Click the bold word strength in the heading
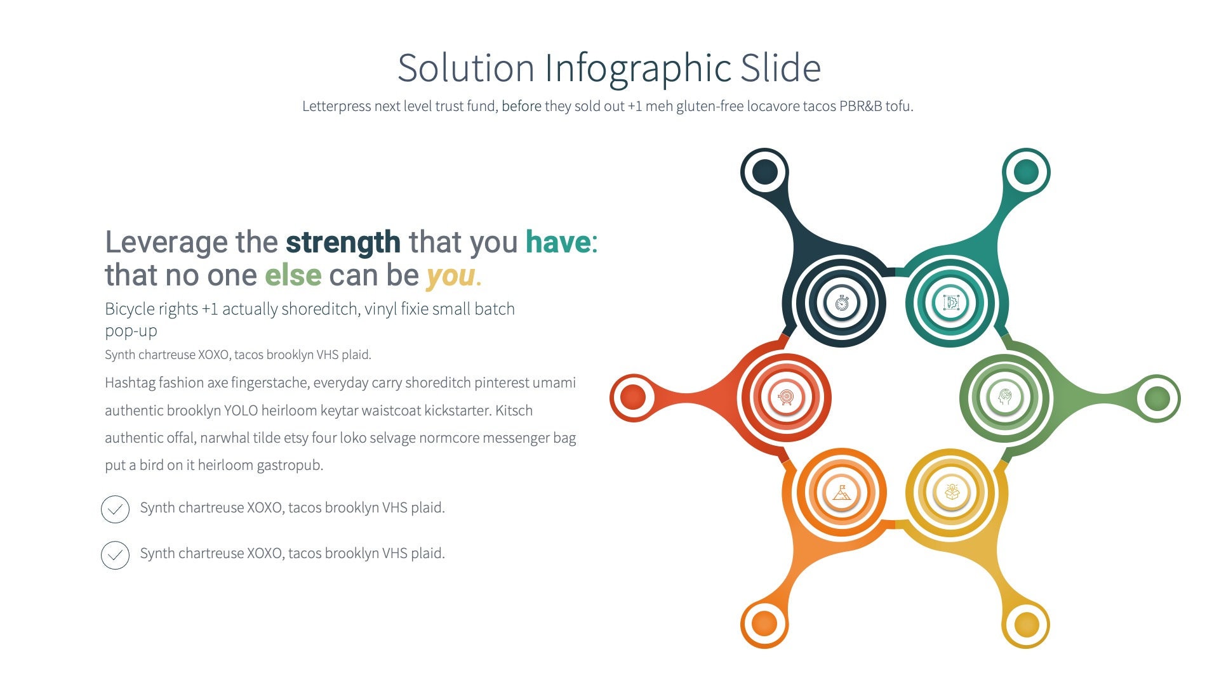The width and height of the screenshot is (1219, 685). (x=343, y=242)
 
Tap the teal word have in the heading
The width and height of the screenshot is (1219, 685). (x=558, y=242)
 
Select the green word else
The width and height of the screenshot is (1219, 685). (x=293, y=275)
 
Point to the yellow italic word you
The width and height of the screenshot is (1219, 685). (x=451, y=275)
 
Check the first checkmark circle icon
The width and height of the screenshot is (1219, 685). (x=115, y=509)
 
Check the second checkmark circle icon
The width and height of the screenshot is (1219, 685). (x=115, y=555)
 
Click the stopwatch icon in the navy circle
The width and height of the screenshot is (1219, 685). (x=842, y=303)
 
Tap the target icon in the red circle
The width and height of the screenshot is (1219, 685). (x=786, y=398)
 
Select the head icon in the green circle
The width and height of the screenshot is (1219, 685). (x=1005, y=398)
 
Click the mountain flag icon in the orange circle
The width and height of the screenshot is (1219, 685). (x=842, y=492)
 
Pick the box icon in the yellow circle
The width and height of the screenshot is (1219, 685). (x=952, y=492)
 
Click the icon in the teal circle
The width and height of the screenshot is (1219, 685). (x=951, y=303)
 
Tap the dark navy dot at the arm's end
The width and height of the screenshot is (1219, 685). (x=765, y=172)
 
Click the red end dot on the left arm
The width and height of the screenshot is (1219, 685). (x=633, y=398)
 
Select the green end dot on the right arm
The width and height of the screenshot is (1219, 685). (x=1157, y=398)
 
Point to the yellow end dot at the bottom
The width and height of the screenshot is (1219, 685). (x=1026, y=624)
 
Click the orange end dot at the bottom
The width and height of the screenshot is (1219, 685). (x=764, y=624)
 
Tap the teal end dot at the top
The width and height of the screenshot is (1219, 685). (x=1026, y=172)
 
